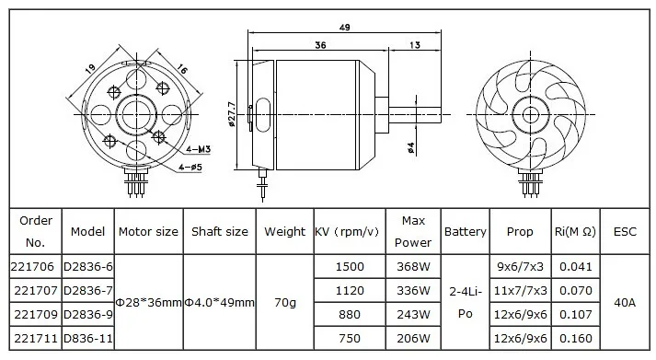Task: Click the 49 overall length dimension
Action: click(345, 28)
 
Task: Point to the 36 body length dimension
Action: click(320, 45)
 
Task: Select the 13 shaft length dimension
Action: click(415, 45)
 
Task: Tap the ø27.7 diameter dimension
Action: click(232, 114)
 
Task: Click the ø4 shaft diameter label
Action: click(410, 147)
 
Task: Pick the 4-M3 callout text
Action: click(199, 149)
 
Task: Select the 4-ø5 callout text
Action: click(190, 168)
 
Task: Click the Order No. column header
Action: click(36, 231)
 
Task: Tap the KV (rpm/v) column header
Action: click(347, 231)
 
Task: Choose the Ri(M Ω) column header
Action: click(575, 231)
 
